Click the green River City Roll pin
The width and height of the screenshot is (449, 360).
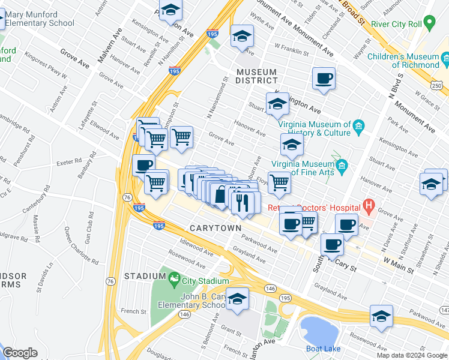point(429,23)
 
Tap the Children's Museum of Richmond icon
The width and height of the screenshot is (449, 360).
point(445,59)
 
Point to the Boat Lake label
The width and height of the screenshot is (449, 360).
point(323,349)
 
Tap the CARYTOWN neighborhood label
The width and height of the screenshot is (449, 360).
point(215,229)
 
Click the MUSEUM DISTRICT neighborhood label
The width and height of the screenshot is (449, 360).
point(257,76)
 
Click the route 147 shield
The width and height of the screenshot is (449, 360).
point(444,310)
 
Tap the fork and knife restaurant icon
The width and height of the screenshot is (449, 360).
point(243,202)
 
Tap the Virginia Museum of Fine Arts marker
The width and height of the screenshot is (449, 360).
point(342,165)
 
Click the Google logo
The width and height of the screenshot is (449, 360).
point(20,352)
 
